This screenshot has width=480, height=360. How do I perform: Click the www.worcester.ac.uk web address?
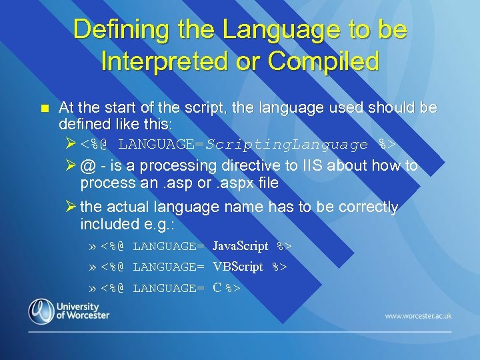tap(418, 315)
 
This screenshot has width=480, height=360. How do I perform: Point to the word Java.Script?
tap(240, 246)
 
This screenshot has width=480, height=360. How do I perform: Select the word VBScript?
tap(238, 267)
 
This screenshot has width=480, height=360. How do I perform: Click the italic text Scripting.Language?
tap(287, 144)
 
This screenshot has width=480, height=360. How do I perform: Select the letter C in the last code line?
tap(217, 288)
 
